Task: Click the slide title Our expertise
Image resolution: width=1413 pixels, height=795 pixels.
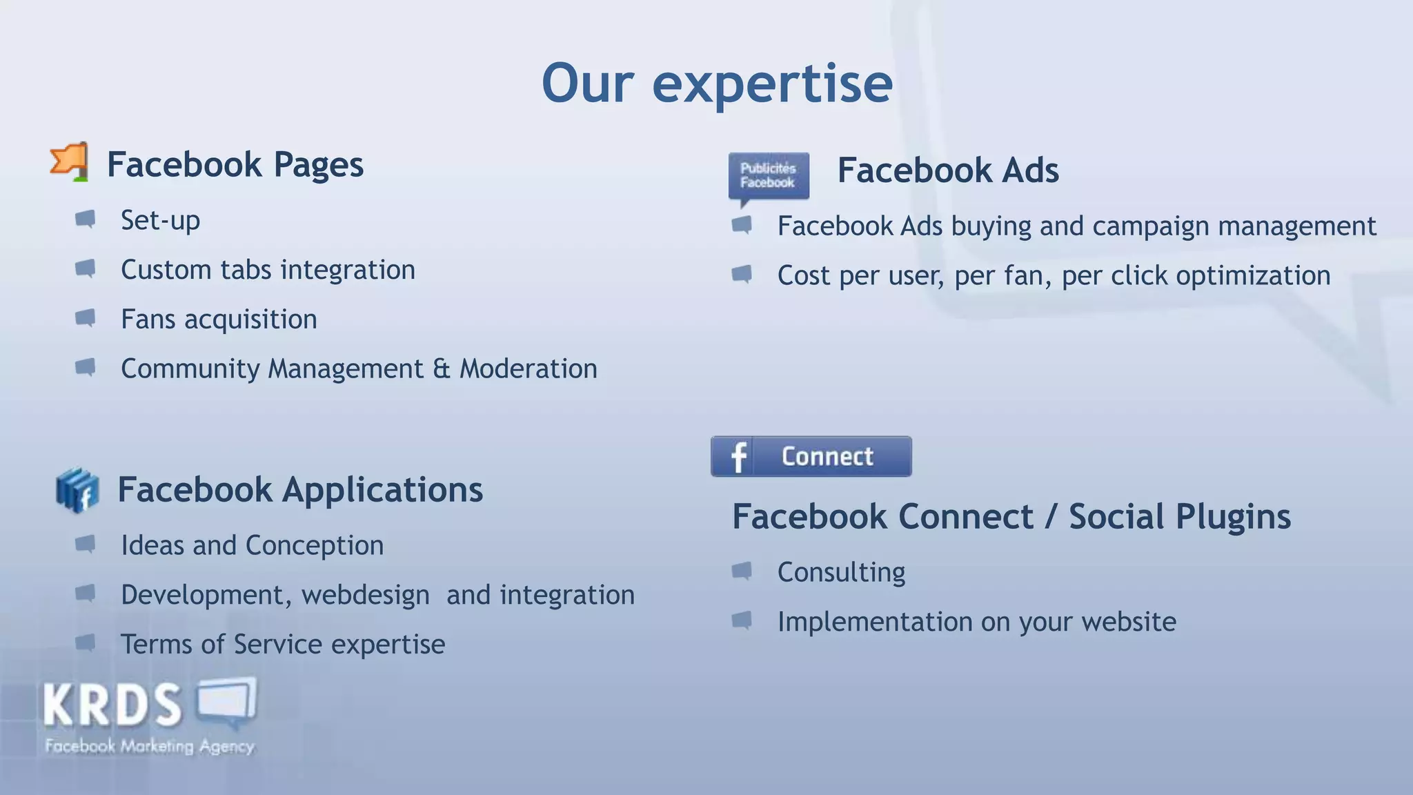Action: pos(717,84)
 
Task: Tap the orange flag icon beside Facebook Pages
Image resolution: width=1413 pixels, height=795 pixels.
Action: pos(70,162)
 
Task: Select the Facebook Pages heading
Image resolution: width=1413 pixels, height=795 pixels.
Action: pos(235,165)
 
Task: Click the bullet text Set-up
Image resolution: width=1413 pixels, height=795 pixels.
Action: pos(160,221)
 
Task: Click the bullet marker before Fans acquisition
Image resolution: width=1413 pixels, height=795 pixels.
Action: pos(85,318)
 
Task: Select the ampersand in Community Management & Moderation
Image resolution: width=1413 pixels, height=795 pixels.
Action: pos(442,369)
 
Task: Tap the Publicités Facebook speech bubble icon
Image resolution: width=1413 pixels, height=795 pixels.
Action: pos(768,177)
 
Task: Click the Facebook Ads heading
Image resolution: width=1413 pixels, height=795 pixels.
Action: pos(947,170)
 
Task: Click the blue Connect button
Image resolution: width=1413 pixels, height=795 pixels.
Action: pos(811,456)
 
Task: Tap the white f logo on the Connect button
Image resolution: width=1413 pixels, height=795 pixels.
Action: pos(738,457)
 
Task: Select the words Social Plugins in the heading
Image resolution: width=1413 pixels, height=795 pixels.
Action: pos(1179,517)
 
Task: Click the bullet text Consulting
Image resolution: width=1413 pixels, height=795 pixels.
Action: pos(841,572)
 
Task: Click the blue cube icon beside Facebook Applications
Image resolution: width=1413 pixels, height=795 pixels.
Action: pos(77,490)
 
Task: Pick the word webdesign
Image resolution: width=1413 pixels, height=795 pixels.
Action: pos(365,595)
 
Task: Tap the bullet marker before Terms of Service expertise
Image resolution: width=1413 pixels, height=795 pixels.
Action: pos(85,643)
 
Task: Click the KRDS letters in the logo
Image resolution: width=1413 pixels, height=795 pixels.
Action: pos(112,705)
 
